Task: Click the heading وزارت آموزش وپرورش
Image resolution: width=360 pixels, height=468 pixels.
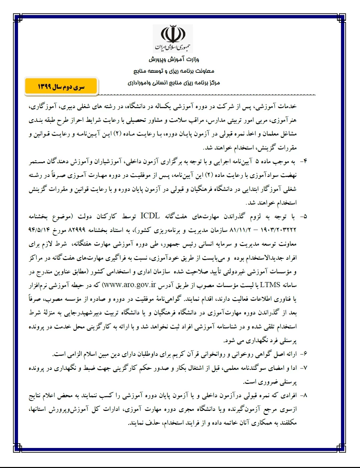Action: (x=174, y=60)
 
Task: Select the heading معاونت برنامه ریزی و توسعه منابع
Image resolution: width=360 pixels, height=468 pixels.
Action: (x=174, y=71)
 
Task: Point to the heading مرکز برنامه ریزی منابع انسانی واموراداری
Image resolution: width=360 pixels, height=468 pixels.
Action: (x=174, y=82)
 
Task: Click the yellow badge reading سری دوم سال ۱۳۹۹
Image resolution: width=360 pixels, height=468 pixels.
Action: (x=61, y=87)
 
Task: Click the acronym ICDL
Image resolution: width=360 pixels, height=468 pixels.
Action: (x=150, y=216)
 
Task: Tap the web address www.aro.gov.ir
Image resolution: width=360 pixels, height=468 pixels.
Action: (x=129, y=285)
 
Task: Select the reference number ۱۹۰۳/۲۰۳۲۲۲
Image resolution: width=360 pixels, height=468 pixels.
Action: (x=279, y=230)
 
